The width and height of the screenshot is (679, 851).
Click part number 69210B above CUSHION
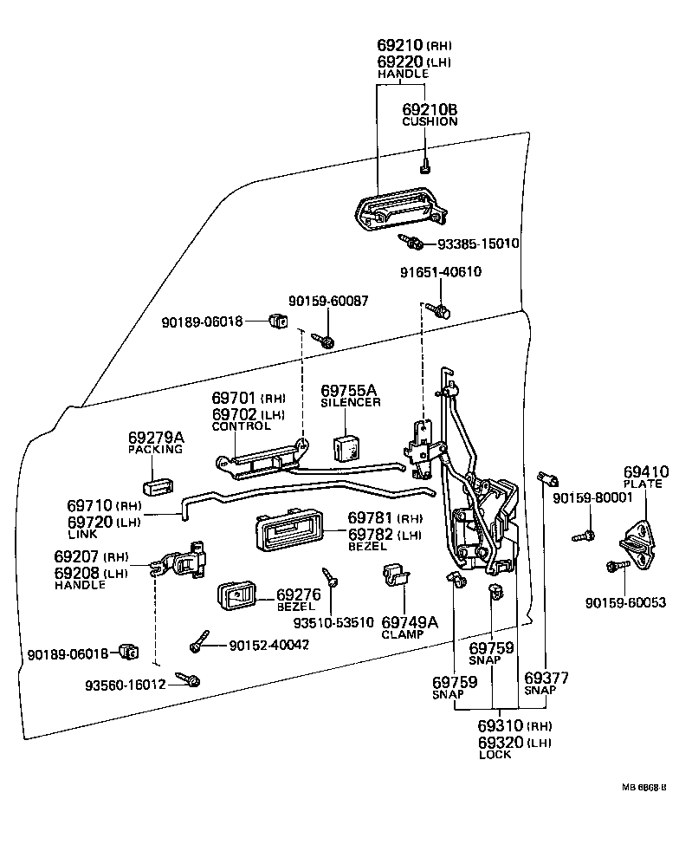click(430, 109)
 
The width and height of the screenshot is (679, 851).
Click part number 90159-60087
click(328, 301)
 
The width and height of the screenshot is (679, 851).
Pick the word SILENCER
click(351, 403)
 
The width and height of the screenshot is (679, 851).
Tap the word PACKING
click(156, 450)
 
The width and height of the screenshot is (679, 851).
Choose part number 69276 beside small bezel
click(299, 594)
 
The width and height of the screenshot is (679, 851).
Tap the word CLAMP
click(403, 634)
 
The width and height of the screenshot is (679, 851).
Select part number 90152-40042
click(269, 645)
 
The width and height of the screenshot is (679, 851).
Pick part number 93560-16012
click(125, 684)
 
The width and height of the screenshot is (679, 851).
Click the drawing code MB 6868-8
click(643, 788)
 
